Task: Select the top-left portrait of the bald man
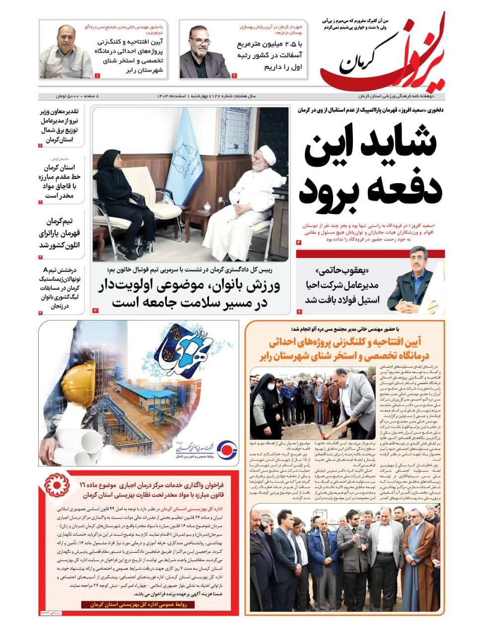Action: point(66,52)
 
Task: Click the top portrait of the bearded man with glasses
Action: point(204,52)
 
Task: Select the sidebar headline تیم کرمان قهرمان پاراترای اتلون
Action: point(60,233)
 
